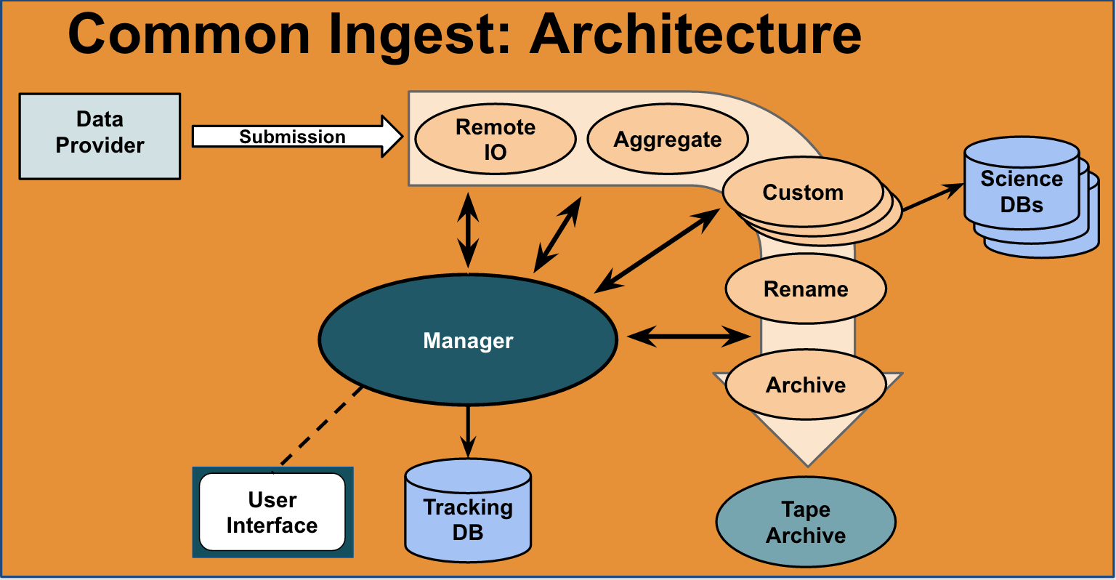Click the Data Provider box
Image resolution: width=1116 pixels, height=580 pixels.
click(100, 136)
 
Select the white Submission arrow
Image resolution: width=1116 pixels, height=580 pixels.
click(297, 137)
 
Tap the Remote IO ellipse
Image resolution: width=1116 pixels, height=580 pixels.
click(496, 139)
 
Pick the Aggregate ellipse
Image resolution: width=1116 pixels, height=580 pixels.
click(668, 139)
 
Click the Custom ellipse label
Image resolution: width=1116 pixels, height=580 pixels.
click(803, 193)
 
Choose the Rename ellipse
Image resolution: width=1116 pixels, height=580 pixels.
click(806, 289)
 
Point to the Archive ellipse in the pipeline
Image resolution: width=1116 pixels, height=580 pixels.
click(806, 384)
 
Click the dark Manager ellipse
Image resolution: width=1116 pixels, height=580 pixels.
click(468, 339)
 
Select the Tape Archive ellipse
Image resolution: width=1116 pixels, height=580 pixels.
click(806, 522)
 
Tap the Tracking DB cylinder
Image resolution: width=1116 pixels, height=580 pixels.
click(468, 510)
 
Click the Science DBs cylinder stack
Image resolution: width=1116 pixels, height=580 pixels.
click(1030, 197)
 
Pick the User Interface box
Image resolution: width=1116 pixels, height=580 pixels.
click(272, 512)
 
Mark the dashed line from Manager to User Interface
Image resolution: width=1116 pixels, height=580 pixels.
click(322, 426)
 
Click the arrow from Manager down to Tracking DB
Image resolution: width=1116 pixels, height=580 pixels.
click(468, 432)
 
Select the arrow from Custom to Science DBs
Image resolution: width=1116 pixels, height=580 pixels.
click(933, 197)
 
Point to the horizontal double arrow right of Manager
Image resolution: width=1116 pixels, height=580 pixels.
click(689, 337)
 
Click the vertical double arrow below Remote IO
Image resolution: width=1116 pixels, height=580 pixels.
click(468, 230)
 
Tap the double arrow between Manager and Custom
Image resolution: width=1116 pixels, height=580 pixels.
click(657, 251)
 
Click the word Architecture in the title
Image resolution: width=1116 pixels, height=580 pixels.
click(695, 34)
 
